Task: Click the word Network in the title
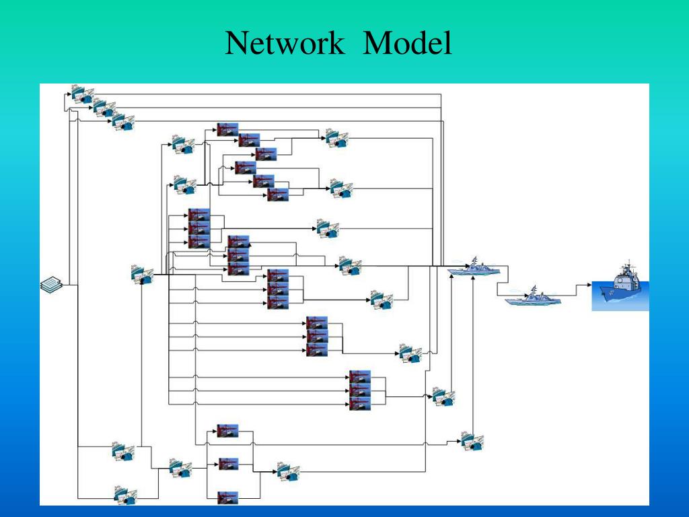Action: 285,44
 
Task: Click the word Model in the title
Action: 408,44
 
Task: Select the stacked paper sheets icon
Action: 51,285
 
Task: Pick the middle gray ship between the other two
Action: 533,297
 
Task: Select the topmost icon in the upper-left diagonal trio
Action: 82,94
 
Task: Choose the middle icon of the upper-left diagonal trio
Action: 103,108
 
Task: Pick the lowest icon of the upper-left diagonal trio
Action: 122,122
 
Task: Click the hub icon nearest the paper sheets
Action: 142,275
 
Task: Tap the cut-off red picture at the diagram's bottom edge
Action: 228,498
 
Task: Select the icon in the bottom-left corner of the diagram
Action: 125,496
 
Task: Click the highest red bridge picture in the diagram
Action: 227,129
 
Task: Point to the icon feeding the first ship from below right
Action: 472,441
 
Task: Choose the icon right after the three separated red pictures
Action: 288,471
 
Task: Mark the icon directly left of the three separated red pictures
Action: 180,469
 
